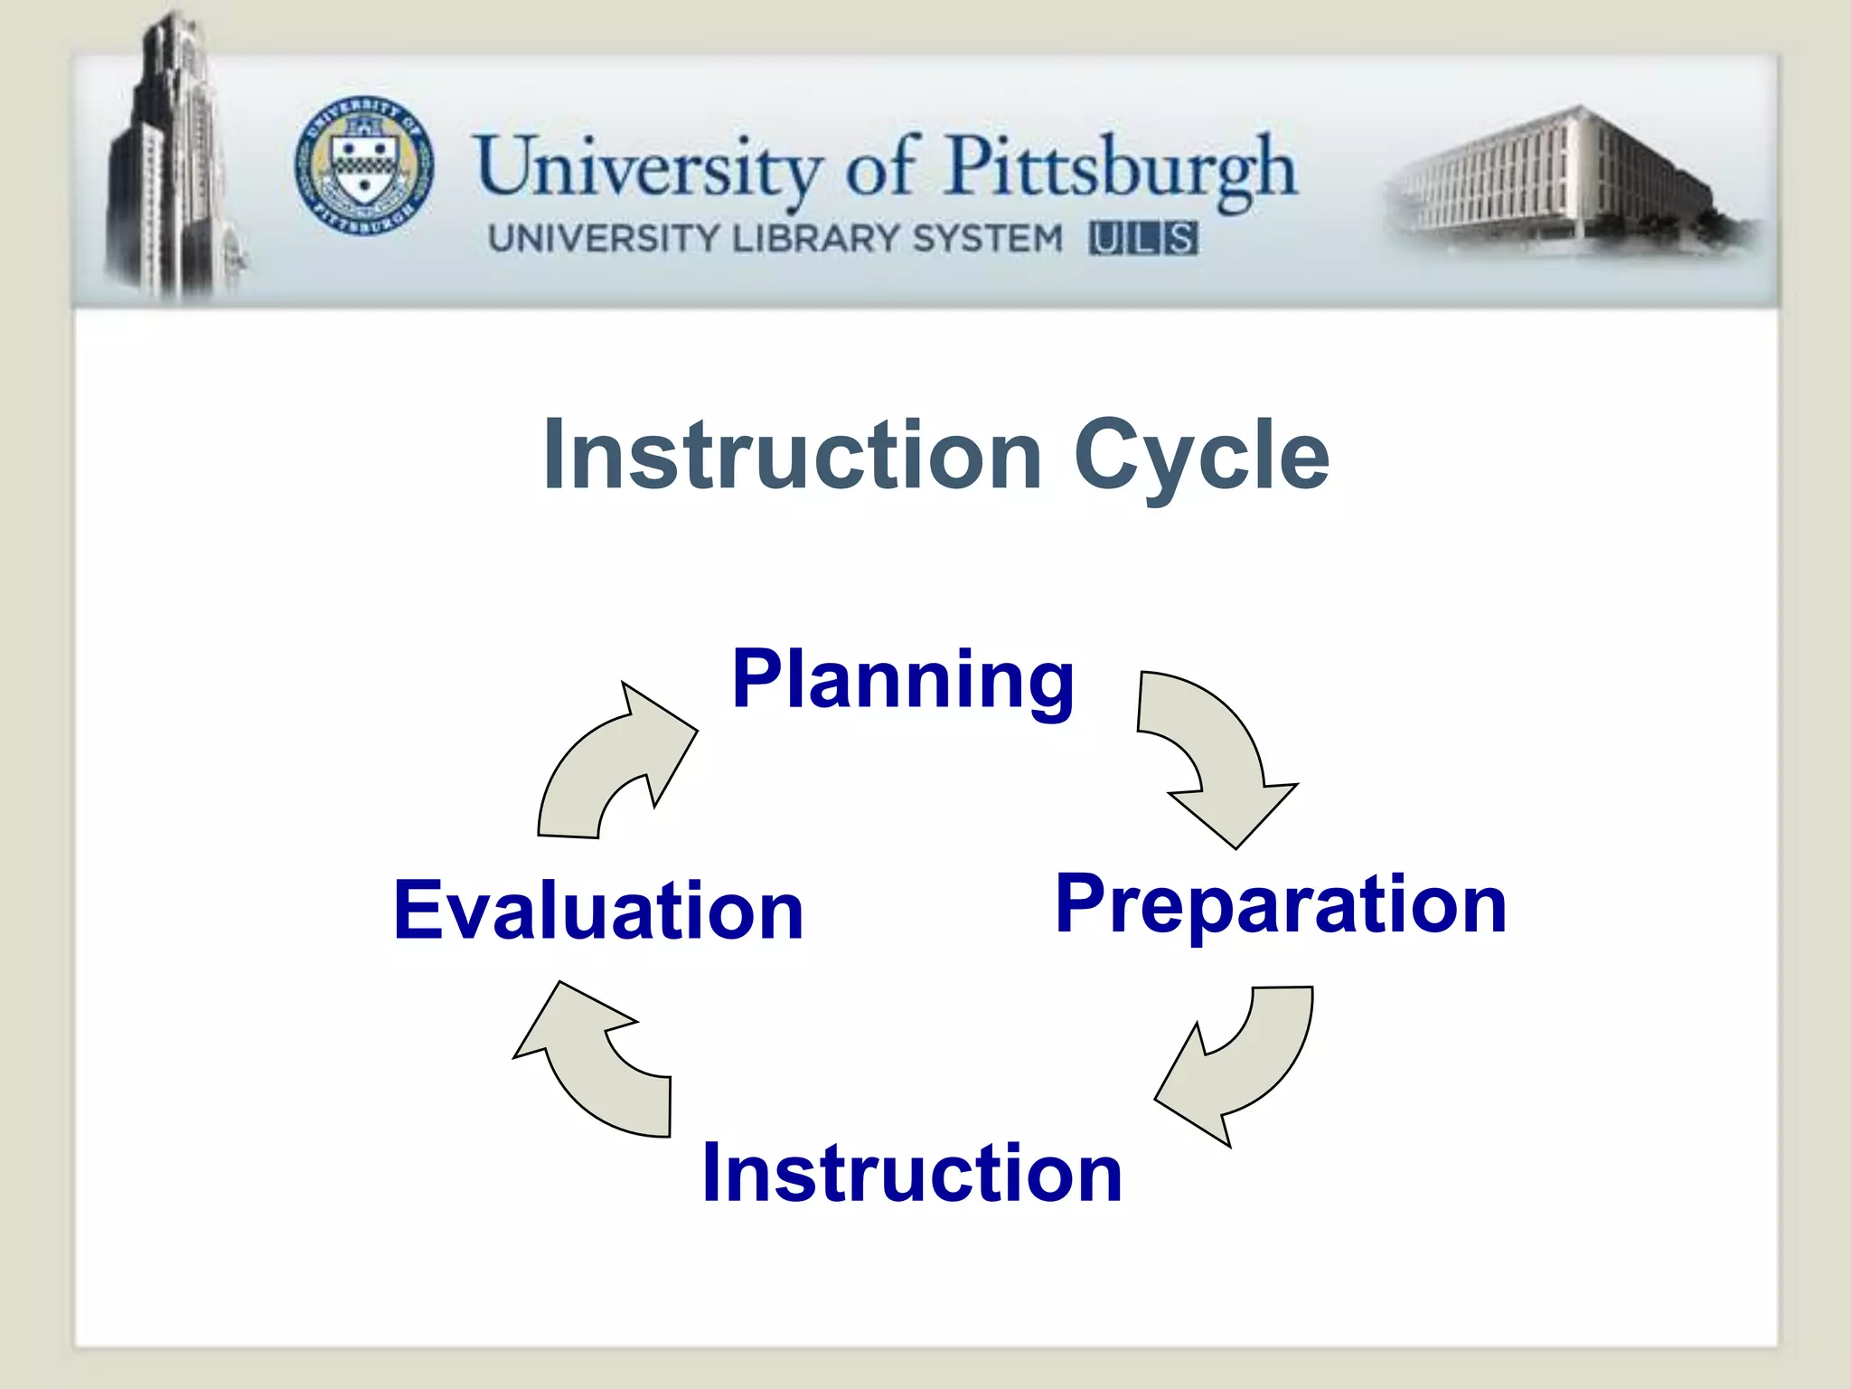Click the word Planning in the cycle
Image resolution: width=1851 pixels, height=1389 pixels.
903,680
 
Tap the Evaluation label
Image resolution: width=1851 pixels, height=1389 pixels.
598,911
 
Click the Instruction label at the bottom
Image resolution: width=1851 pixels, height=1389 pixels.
912,1173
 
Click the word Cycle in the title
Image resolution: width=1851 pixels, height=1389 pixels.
1201,457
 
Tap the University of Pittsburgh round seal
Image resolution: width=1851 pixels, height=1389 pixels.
364,165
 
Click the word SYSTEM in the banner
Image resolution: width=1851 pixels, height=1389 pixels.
987,239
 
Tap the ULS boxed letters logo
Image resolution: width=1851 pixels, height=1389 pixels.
1143,239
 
